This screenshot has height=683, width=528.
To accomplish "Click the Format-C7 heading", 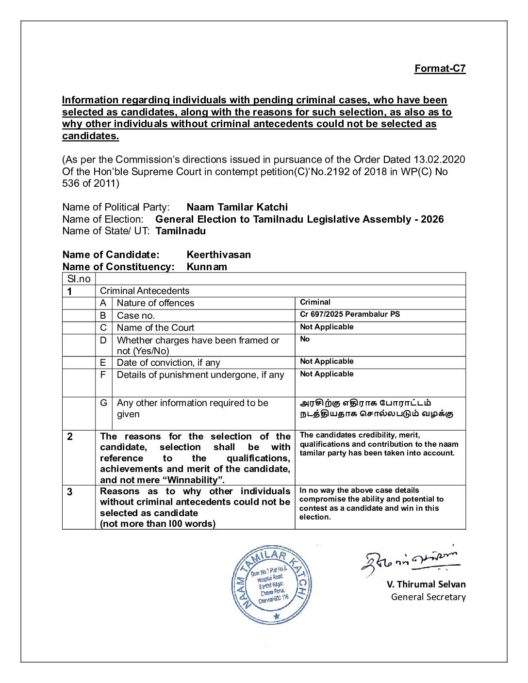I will point(440,68).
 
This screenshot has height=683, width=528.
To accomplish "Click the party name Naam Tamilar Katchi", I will point(237,207).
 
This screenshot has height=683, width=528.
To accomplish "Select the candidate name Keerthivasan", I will point(218,255).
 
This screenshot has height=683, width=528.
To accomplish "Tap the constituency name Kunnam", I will point(207,267).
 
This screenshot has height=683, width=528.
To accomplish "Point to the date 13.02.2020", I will point(439,160).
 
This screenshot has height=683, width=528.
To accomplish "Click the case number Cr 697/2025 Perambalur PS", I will point(350,314).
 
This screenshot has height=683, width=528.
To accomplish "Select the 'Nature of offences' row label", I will point(155,303).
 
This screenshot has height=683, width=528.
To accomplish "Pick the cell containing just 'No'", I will point(305,339).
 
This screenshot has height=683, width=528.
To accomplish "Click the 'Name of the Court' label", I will point(155,328).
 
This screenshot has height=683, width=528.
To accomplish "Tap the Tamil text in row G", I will point(376,408).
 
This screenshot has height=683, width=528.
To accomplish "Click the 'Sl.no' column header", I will point(79,279).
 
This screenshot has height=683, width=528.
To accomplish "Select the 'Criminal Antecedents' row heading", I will point(145,291).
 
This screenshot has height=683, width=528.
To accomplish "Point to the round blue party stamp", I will point(272,585).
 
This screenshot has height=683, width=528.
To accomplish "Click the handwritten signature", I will point(411,562).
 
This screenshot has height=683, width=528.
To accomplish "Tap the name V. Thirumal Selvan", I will point(426,585).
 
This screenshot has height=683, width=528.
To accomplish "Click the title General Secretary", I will point(428,597).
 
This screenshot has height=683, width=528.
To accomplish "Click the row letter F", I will point(103,374).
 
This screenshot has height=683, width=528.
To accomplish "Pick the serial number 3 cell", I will point(70,492).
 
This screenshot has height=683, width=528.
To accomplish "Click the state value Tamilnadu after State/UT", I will point(181,231).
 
